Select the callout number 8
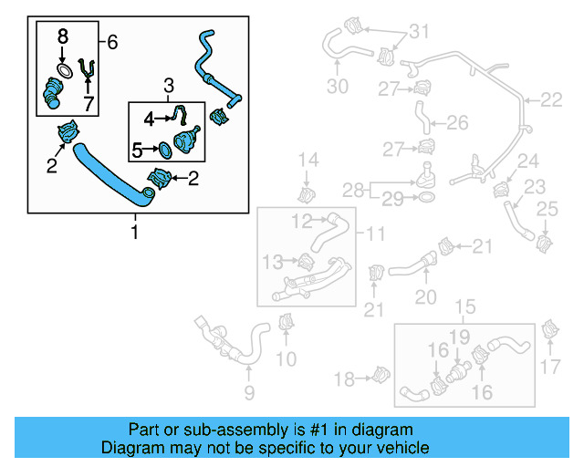pos(62,36)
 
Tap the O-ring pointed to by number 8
pos(63,69)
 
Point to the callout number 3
pos(168,87)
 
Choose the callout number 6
pos(111,41)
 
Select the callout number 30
pos(338,87)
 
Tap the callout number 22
pos(552,100)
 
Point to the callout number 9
pos(248,394)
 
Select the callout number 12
pos(302,220)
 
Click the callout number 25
pos(546,211)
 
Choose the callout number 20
pos(426,296)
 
